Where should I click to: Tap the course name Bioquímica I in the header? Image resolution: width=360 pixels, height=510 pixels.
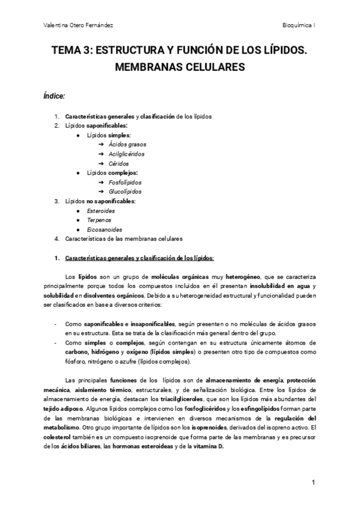(299, 26)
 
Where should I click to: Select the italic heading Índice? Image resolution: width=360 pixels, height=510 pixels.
(54, 96)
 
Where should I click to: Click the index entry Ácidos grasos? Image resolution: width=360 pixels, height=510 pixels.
(127, 144)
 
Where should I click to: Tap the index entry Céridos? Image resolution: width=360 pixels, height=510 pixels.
(119, 164)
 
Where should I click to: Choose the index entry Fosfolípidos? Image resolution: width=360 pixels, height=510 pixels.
(125, 182)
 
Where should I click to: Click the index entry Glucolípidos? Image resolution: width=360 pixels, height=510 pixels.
(125, 192)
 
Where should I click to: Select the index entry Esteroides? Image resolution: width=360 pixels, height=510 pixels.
(101, 210)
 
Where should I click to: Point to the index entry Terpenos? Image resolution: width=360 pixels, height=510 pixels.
(99, 220)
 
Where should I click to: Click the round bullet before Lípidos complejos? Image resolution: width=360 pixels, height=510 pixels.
(79, 173)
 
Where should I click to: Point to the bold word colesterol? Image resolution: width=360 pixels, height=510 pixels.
(56, 428)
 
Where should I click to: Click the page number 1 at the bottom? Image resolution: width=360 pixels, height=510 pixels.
(314, 483)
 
